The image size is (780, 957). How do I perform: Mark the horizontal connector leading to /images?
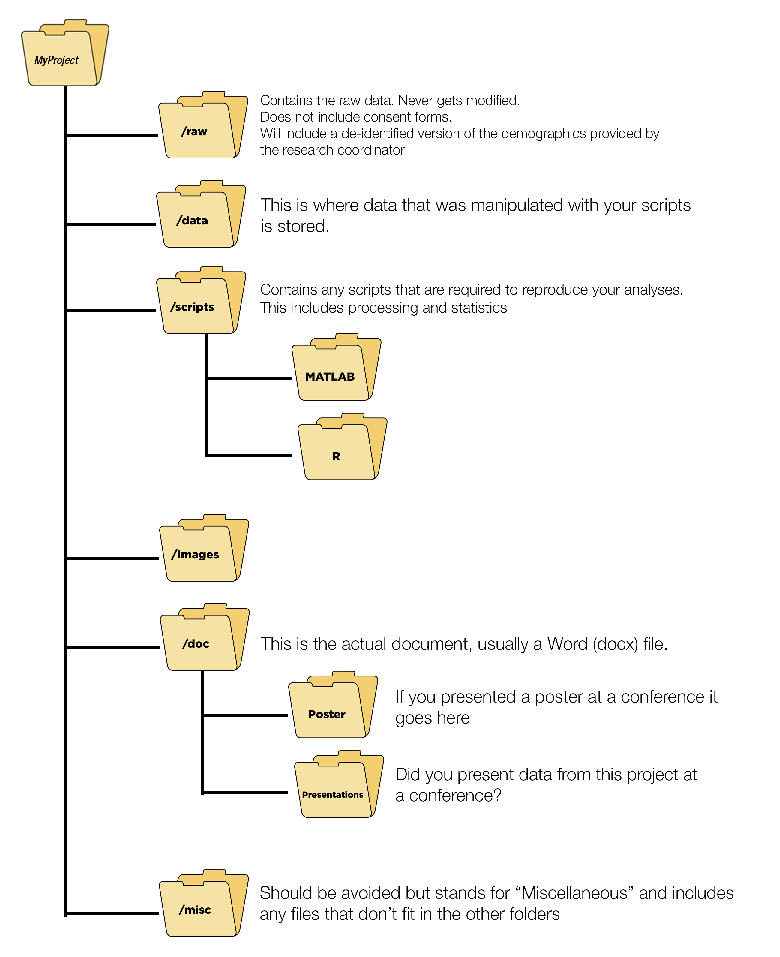[x=112, y=558]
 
